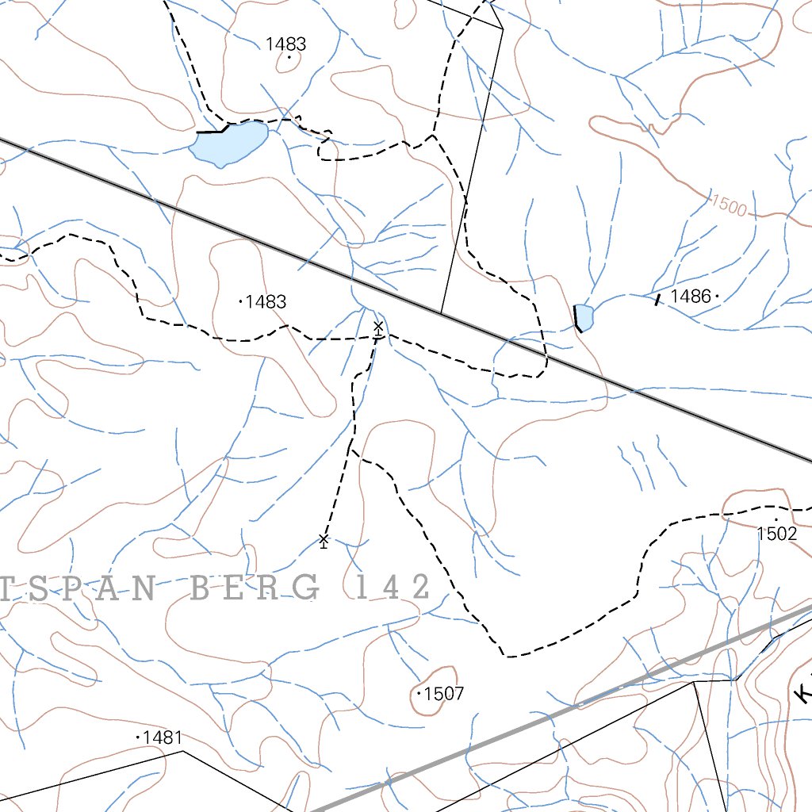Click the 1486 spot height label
(x=690, y=297)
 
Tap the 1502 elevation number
(x=776, y=534)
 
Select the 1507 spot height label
(x=444, y=695)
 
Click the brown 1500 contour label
(x=729, y=205)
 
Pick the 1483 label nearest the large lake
(x=286, y=44)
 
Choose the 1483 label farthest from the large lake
(x=266, y=302)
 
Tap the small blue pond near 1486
(x=585, y=316)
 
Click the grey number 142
(x=388, y=588)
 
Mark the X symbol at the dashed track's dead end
(x=324, y=540)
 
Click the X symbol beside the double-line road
(x=378, y=327)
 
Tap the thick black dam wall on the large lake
(x=212, y=131)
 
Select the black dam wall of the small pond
(x=576, y=317)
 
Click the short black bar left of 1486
(x=657, y=299)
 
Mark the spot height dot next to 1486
(x=717, y=297)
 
